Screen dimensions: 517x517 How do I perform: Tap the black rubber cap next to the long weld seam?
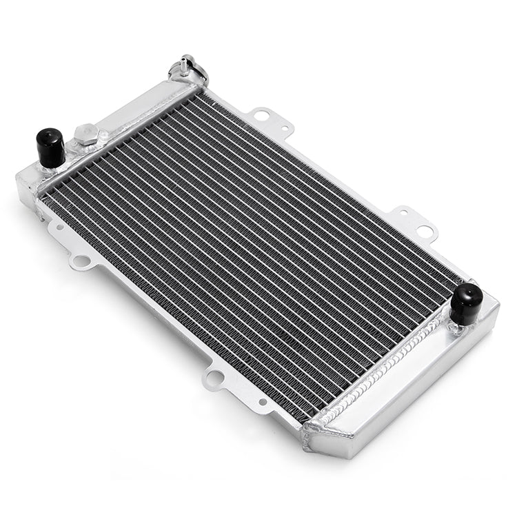tap(466, 303)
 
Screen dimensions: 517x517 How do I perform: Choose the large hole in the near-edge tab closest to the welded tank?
tap(216, 376)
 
